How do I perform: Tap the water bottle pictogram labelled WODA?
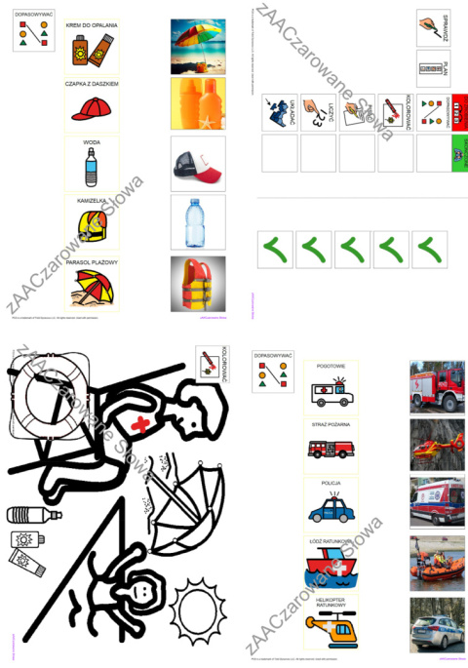(x=91, y=169)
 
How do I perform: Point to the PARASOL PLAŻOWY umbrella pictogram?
(x=91, y=286)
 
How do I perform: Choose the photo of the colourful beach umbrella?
(x=198, y=46)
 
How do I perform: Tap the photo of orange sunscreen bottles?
(x=198, y=104)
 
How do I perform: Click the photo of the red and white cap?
(x=198, y=164)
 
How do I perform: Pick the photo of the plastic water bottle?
(x=198, y=223)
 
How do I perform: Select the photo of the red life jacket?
(x=198, y=284)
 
